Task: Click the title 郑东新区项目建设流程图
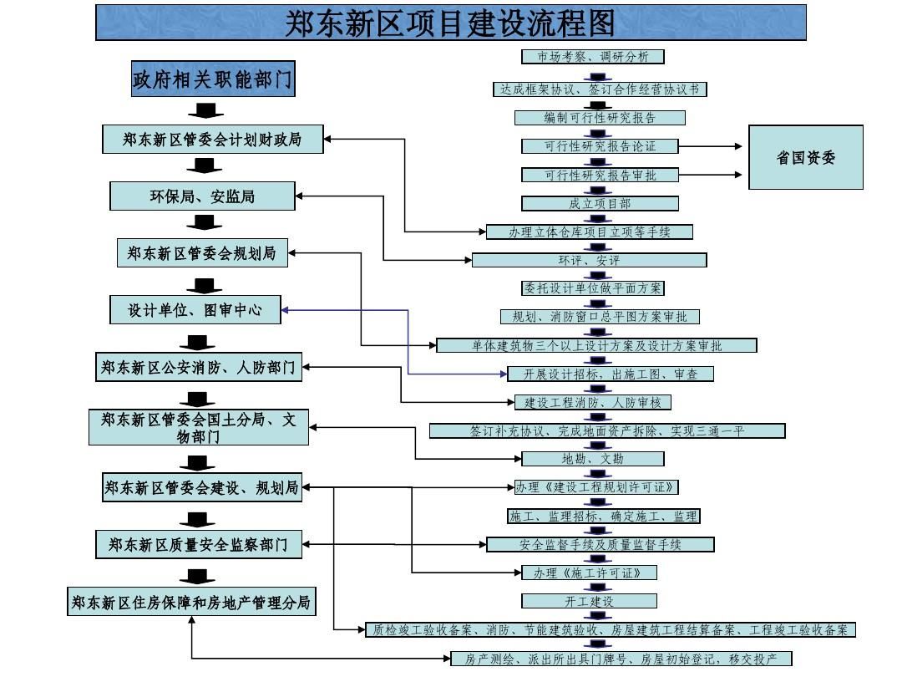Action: [451, 23]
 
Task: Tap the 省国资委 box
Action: [805, 157]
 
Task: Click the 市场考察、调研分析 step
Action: [593, 57]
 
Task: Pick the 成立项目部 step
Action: [600, 203]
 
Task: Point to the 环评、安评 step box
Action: [589, 260]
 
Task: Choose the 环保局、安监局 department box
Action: [202, 196]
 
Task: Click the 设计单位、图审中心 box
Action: [195, 310]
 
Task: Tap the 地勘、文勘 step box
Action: [592, 459]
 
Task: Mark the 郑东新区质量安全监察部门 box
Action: [198, 545]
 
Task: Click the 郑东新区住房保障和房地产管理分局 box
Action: [191, 602]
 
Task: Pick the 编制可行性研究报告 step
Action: [600, 118]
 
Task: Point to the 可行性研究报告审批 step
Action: [600, 175]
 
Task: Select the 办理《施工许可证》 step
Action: [585, 573]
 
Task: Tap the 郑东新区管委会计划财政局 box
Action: [212, 140]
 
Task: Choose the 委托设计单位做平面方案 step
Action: [593, 288]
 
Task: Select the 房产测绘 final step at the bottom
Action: [621, 659]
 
